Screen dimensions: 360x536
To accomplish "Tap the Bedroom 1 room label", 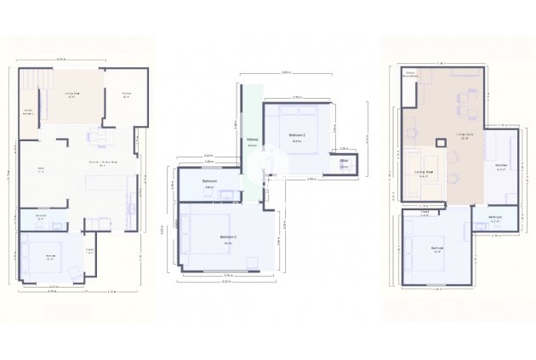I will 228,237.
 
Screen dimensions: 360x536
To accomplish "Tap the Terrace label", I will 125,95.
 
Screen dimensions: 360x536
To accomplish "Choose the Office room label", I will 40,170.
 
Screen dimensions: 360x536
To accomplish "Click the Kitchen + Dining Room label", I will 102,163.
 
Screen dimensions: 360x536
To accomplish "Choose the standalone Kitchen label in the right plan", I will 501,167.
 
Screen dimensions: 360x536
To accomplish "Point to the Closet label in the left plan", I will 89,250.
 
